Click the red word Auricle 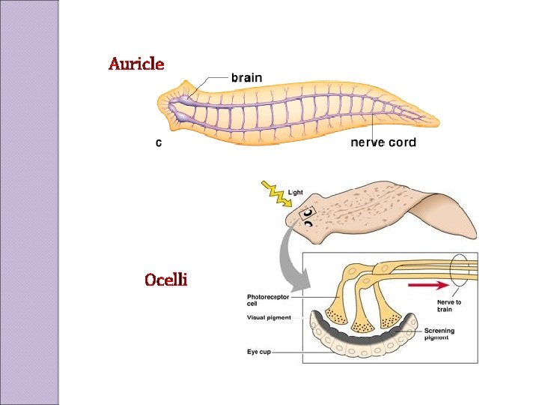(x=135, y=64)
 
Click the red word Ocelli (x=165, y=280)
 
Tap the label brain (x=246, y=77)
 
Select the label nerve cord (x=383, y=142)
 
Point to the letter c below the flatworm (x=158, y=142)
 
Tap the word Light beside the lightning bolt (x=296, y=193)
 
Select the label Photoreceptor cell (x=268, y=300)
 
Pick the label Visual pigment (x=269, y=318)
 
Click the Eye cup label (x=259, y=351)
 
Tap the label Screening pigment (x=439, y=334)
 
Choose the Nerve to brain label (x=449, y=305)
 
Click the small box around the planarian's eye (x=307, y=217)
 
